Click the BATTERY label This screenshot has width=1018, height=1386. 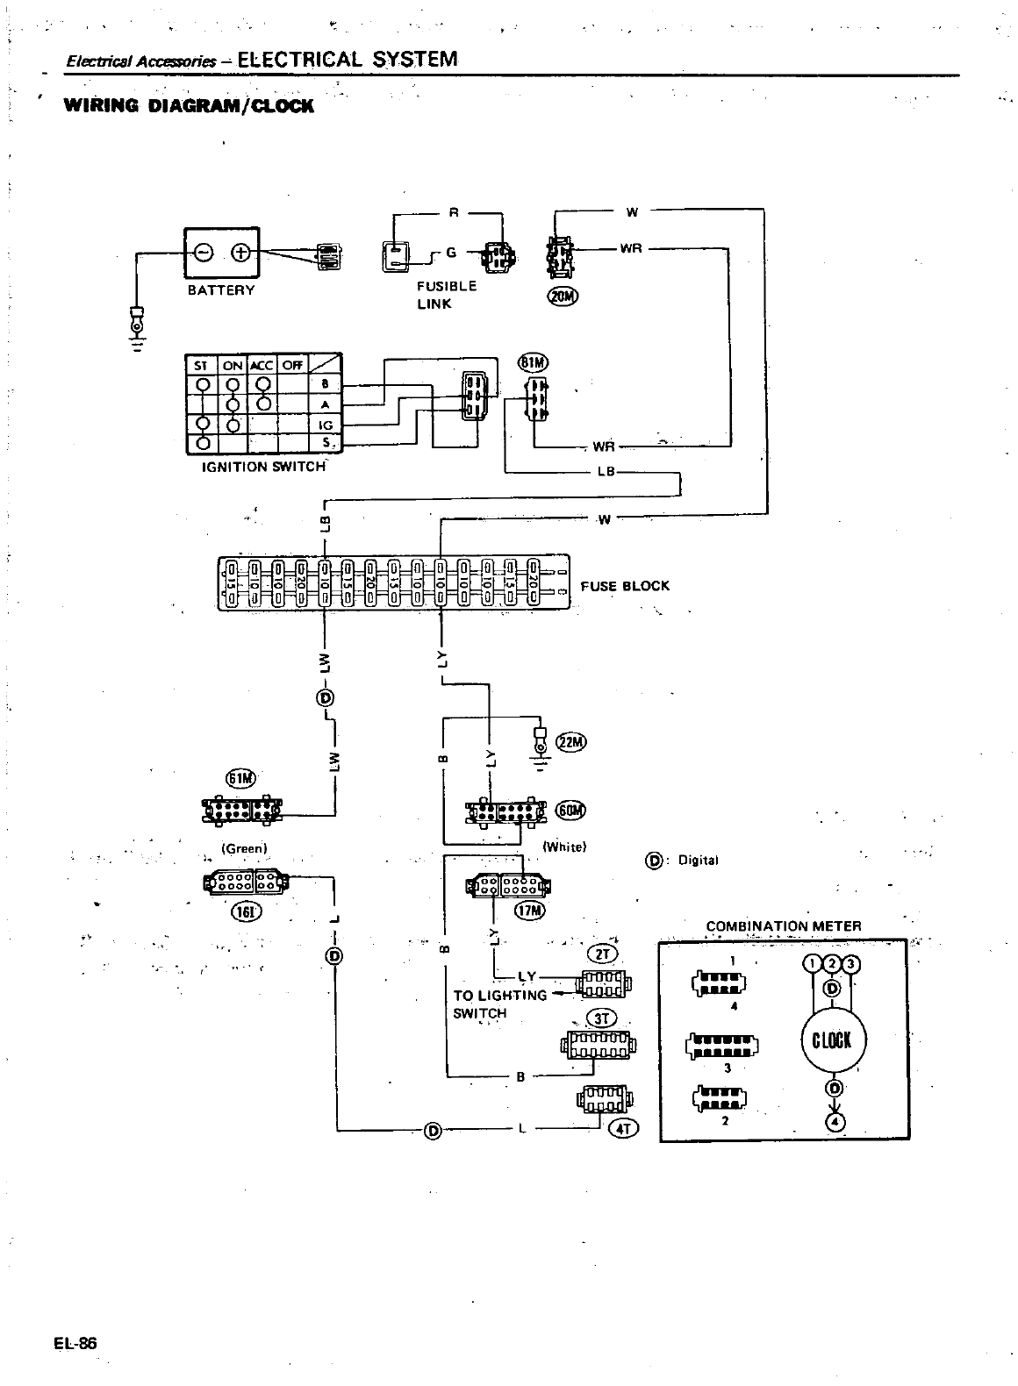click(x=221, y=290)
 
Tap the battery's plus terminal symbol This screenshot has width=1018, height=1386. click(x=239, y=254)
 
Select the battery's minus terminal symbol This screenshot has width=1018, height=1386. click(x=203, y=254)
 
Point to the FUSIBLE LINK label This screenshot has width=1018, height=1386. click(x=446, y=295)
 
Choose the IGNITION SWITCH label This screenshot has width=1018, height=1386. click(x=263, y=467)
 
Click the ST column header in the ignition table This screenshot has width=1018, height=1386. click(x=201, y=365)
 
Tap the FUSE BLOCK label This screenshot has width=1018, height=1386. click(x=624, y=586)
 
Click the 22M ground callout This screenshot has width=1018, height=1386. click(x=570, y=743)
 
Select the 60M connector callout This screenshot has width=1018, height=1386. click(x=570, y=810)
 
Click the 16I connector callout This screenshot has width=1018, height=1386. click(x=242, y=911)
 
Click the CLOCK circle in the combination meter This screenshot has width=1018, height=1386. click(x=832, y=1040)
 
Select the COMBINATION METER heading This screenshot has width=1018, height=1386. click(x=784, y=926)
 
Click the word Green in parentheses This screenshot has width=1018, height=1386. click(x=244, y=848)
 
